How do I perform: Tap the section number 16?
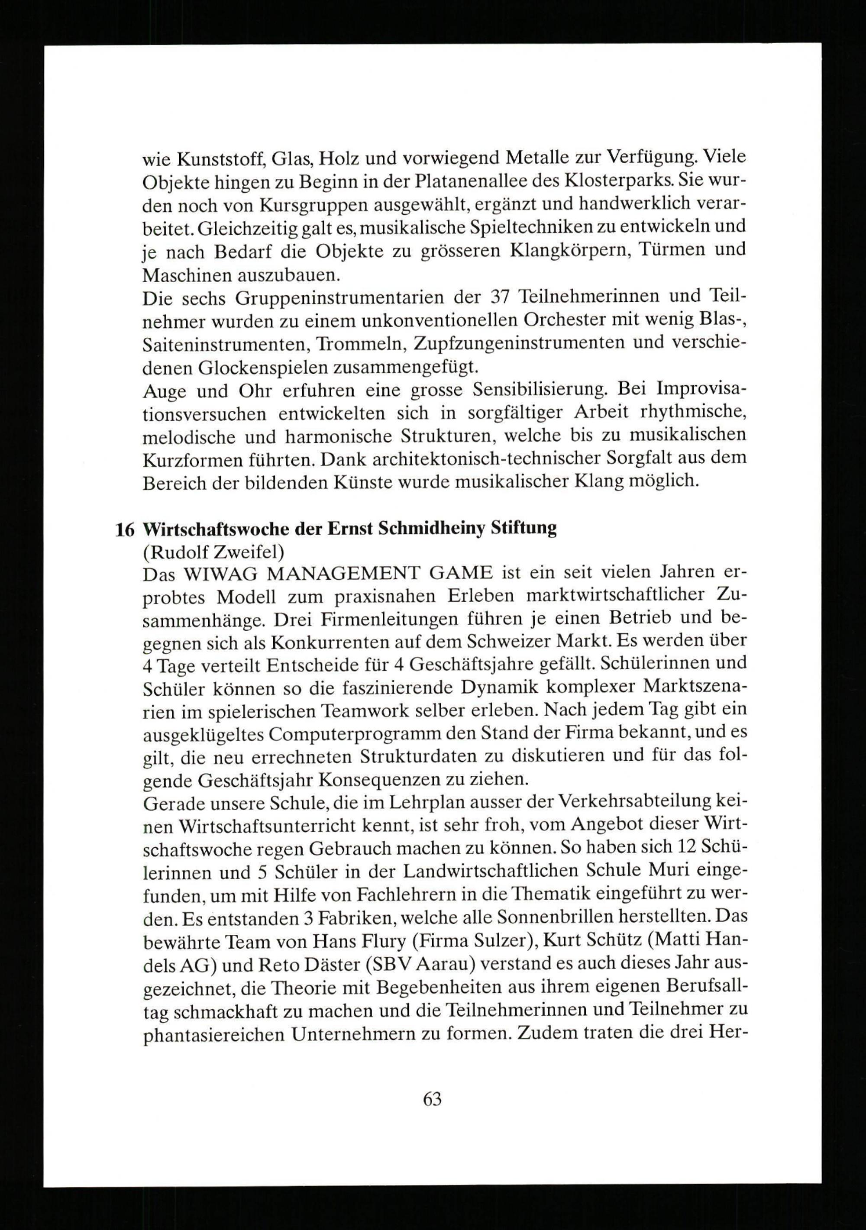pyautogui.click(x=124, y=529)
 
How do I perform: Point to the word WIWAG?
pyautogui.click(x=221, y=574)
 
